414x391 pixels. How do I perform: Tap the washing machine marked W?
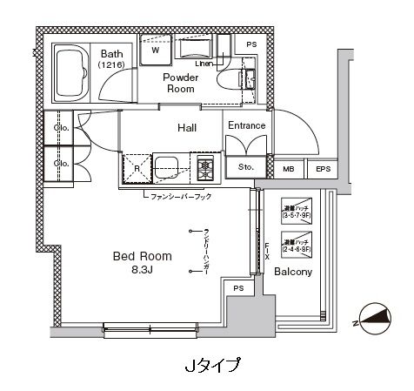click(x=156, y=49)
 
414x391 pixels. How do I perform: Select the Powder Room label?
click(x=182, y=83)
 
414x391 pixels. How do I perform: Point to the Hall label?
click(x=186, y=127)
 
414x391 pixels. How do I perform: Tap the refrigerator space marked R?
click(x=136, y=167)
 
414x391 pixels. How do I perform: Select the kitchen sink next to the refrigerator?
click(x=169, y=164)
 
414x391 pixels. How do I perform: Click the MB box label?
click(x=289, y=169)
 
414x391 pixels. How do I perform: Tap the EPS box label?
click(x=323, y=169)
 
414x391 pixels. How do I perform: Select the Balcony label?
click(x=293, y=272)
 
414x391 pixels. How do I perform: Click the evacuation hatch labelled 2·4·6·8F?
click(x=296, y=244)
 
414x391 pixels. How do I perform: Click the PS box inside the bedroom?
click(x=237, y=288)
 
